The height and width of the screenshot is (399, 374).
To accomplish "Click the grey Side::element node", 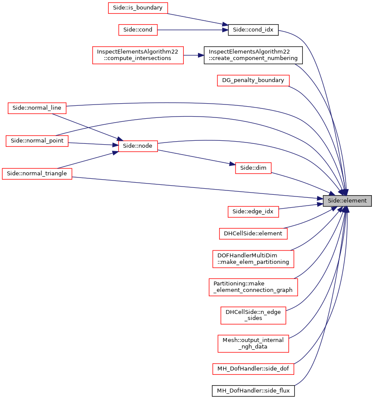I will click(347, 201).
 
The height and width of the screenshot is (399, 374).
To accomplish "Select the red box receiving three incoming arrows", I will click(138, 146).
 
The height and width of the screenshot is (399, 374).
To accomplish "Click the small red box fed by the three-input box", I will click(253, 168).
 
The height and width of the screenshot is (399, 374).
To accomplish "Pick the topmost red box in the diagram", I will click(138, 8).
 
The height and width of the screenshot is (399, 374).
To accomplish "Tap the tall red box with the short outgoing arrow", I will click(138, 55).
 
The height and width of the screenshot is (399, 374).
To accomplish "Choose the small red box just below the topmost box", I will click(138, 30).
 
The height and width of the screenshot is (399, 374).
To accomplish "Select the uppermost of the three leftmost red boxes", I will click(37, 108).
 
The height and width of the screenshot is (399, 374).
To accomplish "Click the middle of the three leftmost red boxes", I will click(37, 141).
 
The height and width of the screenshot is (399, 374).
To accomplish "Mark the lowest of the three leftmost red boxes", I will click(37, 174).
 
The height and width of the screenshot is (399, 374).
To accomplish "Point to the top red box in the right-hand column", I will click(253, 81).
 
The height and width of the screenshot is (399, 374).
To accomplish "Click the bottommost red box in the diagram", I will click(253, 369).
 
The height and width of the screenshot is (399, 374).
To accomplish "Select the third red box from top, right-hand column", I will click(253, 212).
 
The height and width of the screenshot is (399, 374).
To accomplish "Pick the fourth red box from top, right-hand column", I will click(253, 234).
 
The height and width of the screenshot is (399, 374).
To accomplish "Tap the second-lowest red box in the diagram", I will click(253, 344).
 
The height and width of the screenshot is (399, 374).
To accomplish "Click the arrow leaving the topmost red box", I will click(196, 19).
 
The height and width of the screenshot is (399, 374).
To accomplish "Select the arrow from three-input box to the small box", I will click(196, 157).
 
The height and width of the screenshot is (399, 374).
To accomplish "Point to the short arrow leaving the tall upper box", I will click(193, 55).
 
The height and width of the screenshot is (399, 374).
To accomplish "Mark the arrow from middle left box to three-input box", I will click(93, 144).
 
